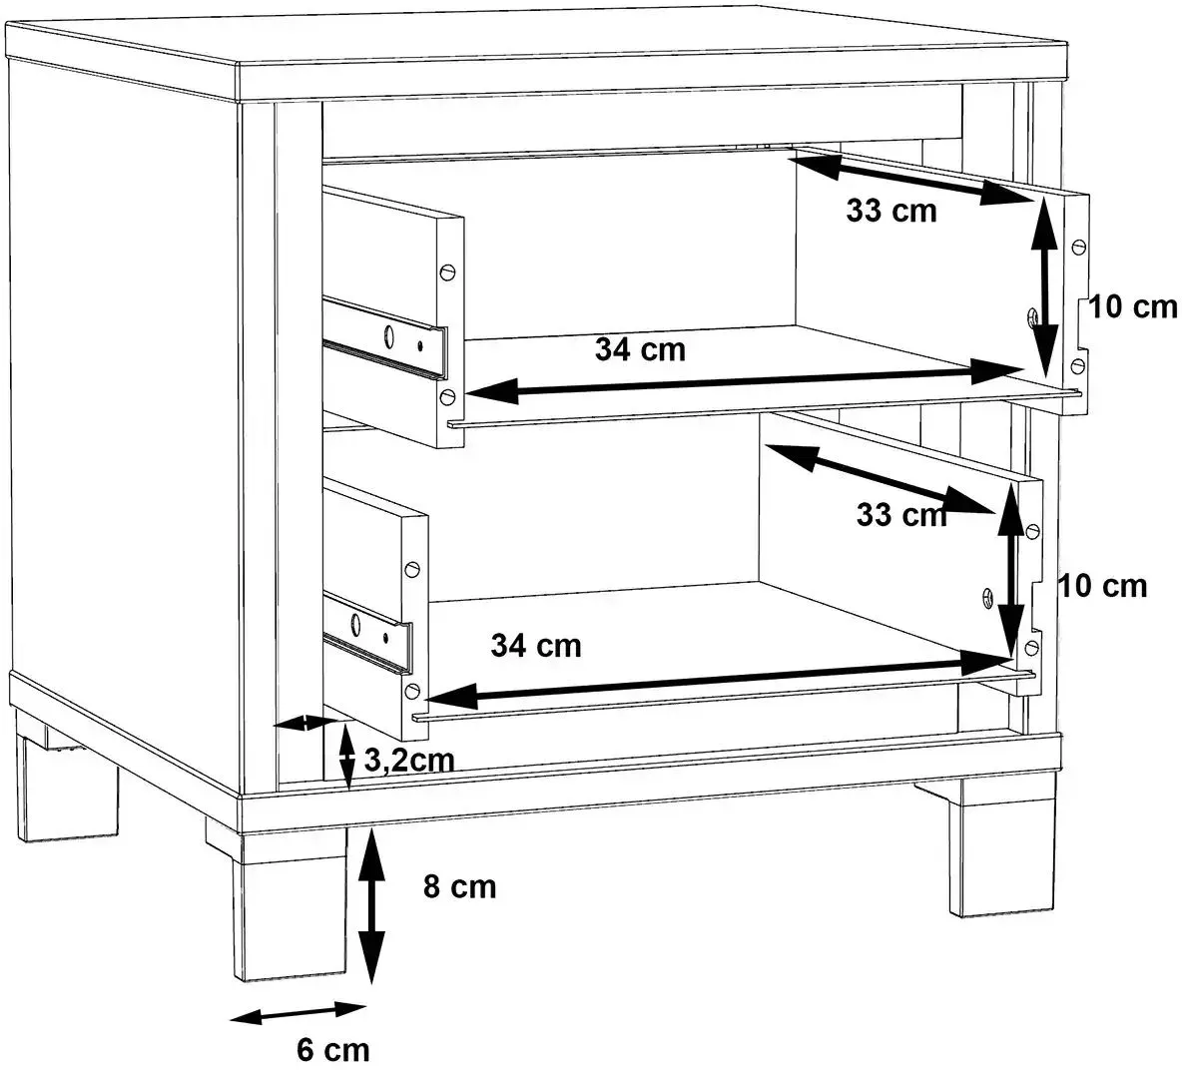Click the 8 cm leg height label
coord(459,887)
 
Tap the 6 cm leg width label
coord(333,1049)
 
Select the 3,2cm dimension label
coord(409,761)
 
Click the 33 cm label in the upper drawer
coord(891,211)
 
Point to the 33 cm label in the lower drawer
coord(901,515)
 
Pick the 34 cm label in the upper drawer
coord(640,349)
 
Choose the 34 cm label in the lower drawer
coord(536,646)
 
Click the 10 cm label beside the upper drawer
coord(1133,306)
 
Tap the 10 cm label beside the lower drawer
coord(1103,586)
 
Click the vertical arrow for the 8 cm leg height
coord(371,905)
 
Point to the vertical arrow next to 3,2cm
coord(346,757)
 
